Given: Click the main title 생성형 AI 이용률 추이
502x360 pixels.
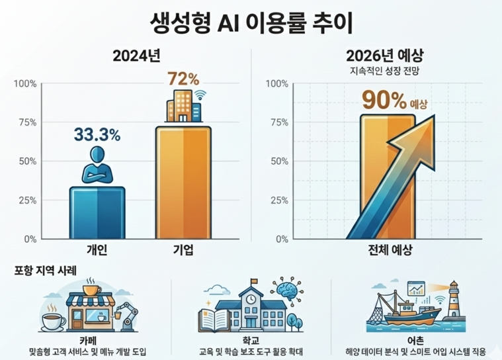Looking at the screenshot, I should click(x=251, y=21).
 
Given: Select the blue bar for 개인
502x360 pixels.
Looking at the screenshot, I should click(x=97, y=213).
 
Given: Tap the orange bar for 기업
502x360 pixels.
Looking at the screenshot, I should click(x=183, y=182).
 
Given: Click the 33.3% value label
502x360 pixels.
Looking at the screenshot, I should click(x=97, y=135).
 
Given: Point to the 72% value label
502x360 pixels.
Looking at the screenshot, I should click(x=183, y=79).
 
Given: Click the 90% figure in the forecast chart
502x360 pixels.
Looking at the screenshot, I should click(x=383, y=101).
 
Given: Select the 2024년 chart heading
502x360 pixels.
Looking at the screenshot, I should click(x=136, y=56).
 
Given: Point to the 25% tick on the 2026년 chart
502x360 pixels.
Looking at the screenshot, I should click(x=276, y=201).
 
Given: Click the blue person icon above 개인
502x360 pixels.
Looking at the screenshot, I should click(x=97, y=165).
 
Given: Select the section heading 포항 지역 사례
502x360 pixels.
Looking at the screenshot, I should click(x=45, y=271).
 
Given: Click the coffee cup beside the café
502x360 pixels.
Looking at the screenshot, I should click(x=53, y=321).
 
